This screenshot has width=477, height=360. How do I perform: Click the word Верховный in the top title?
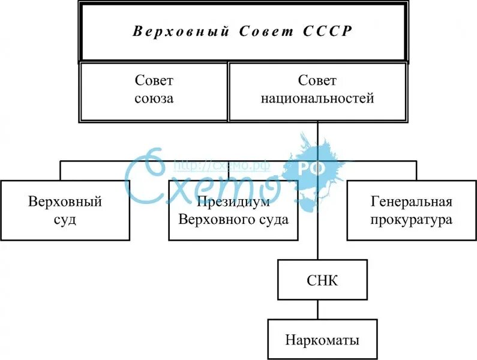tap(181, 32)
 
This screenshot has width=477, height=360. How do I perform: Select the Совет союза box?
tap(154, 91)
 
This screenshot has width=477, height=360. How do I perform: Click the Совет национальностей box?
tap(317, 91)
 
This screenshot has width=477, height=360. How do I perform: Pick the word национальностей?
tap(317, 98)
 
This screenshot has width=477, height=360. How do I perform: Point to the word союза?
tap(154, 98)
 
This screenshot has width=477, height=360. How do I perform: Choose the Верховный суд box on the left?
tap(65, 210)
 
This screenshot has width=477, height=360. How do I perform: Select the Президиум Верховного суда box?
tap(233, 210)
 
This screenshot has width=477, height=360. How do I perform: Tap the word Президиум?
tap(233, 202)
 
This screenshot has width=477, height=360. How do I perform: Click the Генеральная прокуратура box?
tap(411, 210)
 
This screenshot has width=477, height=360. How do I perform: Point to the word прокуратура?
tap(411, 220)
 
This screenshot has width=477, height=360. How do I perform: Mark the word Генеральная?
tap(411, 202)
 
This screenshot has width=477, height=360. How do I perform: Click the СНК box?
tap(322, 280)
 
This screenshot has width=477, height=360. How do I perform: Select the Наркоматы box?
tap(322, 340)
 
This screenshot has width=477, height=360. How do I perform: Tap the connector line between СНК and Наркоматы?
tap(318, 310)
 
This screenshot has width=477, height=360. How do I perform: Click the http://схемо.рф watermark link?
tap(221, 164)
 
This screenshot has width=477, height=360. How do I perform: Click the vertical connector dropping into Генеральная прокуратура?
tap(415, 170)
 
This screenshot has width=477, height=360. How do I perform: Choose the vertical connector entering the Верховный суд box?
tap(60, 170)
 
